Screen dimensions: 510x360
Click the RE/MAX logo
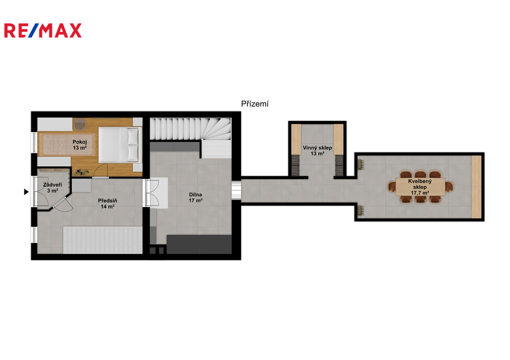pyautogui.click(x=43, y=30)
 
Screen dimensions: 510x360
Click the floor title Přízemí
pyautogui.click(x=255, y=104)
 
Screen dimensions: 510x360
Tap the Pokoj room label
pyautogui.click(x=80, y=145)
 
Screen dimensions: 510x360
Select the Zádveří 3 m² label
pyautogui.click(x=52, y=188)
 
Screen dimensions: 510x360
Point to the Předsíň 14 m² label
pyautogui.click(x=108, y=204)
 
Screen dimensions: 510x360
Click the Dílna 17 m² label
pyautogui.click(x=195, y=197)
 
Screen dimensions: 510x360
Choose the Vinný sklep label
pyautogui.click(x=317, y=150)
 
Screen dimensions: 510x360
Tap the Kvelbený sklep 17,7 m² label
pyautogui.click(x=420, y=187)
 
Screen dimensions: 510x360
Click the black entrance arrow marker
pyautogui.click(x=26, y=192)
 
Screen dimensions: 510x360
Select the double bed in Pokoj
pyautogui.click(x=120, y=145)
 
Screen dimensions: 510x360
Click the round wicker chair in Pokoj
pyautogui.click(x=79, y=124)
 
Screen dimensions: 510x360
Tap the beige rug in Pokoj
pyautogui.click(x=69, y=144)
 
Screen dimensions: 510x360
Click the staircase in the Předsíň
pyautogui.click(x=103, y=240)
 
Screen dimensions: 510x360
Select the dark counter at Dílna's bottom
pyautogui.click(x=199, y=244)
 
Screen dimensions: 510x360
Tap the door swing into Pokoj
pyautogui.click(x=101, y=171)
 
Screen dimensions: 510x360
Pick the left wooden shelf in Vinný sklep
pyautogui.click(x=296, y=139)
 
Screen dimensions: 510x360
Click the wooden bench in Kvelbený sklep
pyautogui.click(x=477, y=187)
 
